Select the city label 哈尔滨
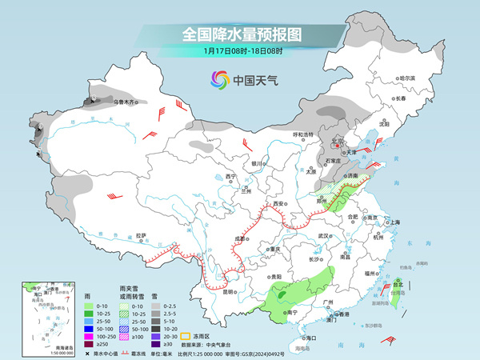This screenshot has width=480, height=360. click(408, 78)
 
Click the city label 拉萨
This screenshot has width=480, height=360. click(141, 235)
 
